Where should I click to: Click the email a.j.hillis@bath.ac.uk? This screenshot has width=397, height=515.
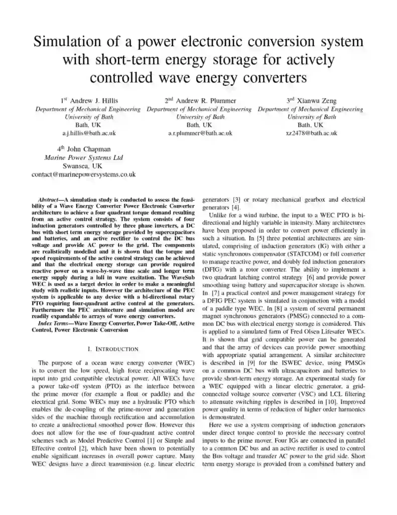tap(88, 133)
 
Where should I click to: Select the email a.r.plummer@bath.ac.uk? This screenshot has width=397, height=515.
tap(200, 133)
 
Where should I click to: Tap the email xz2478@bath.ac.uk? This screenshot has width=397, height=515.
tap(311, 133)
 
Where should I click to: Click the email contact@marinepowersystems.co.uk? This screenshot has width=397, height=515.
tap(83, 174)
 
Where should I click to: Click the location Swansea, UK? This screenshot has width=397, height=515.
tap(83, 165)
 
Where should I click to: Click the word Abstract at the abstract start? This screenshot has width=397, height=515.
tap(51, 200)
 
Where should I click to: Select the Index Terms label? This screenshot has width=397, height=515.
tap(53, 323)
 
